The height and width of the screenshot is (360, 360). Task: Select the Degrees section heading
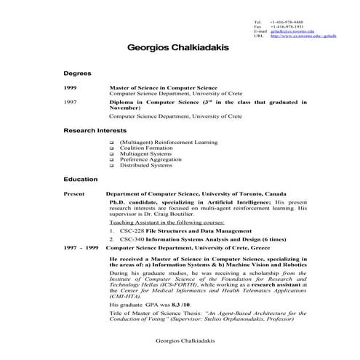(77, 74)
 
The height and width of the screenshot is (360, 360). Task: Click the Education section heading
(80, 179)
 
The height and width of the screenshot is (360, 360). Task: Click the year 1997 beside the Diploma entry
(70, 103)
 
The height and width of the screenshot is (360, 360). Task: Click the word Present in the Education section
(74, 195)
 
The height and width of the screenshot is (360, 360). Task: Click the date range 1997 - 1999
(81, 248)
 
